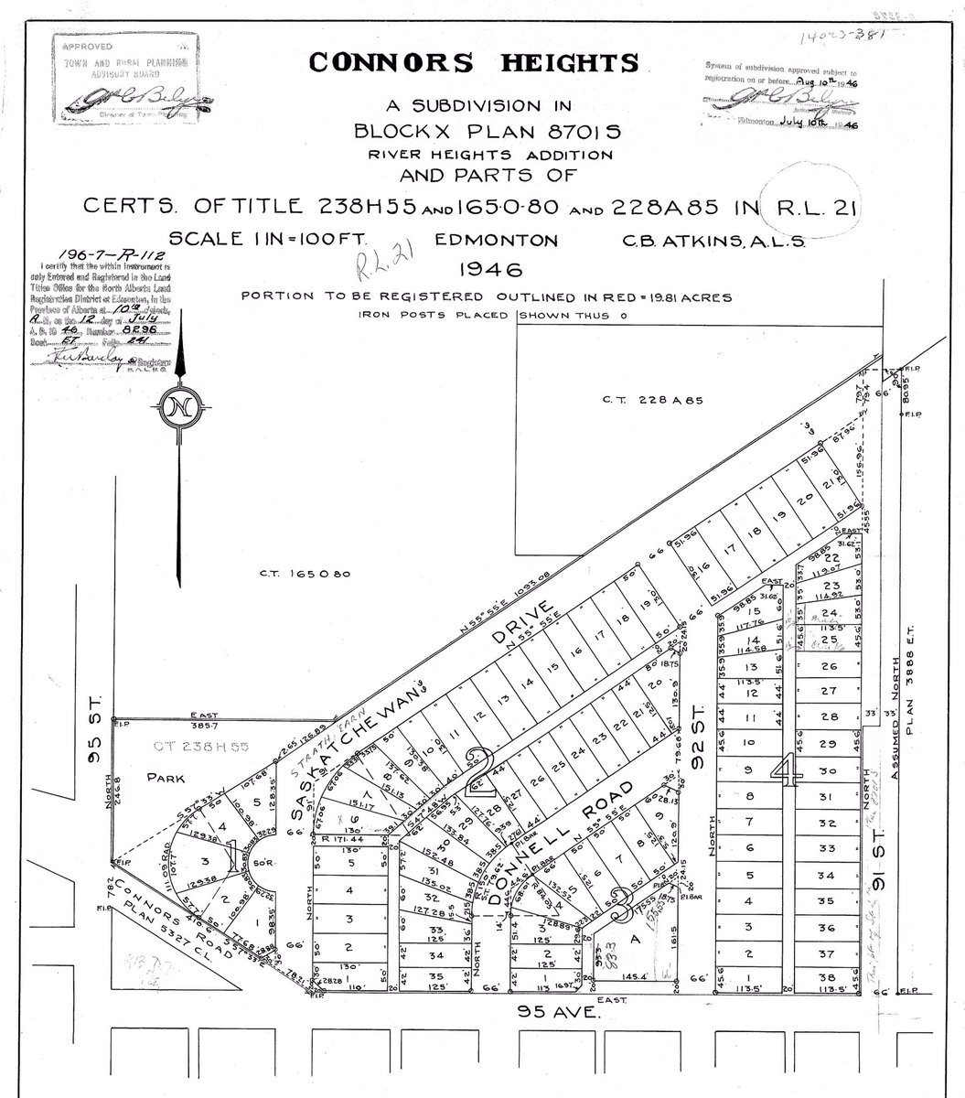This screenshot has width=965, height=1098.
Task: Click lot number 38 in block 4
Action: tap(831, 976)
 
